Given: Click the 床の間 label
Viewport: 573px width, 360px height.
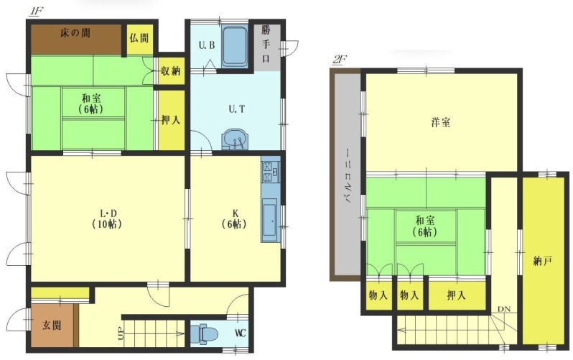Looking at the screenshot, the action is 75,33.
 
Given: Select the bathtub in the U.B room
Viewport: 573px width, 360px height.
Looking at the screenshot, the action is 234,47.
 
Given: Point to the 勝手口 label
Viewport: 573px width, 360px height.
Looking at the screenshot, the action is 266,44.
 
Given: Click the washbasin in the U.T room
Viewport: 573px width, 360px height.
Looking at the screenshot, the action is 235,139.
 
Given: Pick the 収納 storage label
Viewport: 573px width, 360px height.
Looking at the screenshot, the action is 171,70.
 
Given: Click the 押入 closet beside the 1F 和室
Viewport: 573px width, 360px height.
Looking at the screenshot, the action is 171,119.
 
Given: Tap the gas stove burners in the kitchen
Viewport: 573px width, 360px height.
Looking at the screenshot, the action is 271,172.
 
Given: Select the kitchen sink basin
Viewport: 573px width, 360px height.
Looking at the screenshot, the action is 270,219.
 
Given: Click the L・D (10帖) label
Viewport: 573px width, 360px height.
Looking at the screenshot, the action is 107,218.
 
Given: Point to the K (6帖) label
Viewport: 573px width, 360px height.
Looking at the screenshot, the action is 234,218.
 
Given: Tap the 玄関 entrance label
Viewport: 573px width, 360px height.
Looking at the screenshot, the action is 52,325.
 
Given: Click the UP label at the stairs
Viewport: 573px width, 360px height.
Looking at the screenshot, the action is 121,333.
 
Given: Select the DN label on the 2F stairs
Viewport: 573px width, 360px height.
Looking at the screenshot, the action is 504,310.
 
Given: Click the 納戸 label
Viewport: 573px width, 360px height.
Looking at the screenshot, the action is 542,262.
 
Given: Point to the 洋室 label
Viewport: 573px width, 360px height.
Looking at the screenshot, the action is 441,122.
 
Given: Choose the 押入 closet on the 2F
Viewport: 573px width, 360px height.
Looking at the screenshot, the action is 457,295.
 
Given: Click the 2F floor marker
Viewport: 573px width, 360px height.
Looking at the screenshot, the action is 339,60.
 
